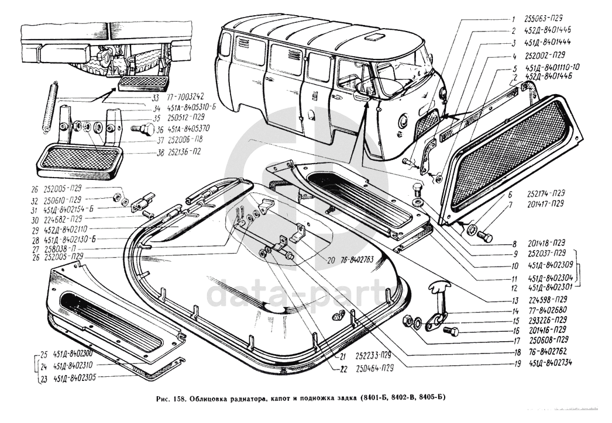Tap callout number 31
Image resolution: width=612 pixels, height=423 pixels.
point(35,210)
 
